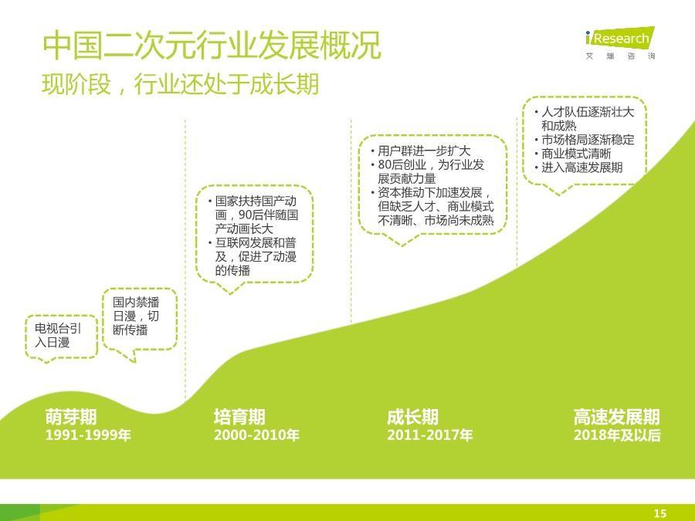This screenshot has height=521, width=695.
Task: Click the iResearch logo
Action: [619, 43]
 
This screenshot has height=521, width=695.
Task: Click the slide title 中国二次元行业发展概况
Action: [212, 46]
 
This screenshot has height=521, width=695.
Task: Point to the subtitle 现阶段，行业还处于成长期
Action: [181, 83]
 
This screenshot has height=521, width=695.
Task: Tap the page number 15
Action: [660, 513]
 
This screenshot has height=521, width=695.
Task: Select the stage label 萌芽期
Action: [71, 417]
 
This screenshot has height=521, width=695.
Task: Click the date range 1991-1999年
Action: [88, 435]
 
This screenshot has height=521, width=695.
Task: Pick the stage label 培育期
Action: [239, 417]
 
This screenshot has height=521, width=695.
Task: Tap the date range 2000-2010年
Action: [256, 435]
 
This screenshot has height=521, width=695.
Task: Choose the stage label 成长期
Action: [412, 417]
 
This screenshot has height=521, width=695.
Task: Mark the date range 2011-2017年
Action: [430, 435]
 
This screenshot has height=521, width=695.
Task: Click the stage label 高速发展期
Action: [617, 417]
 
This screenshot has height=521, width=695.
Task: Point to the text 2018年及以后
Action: [617, 435]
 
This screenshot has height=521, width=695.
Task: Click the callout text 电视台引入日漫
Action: [58, 336]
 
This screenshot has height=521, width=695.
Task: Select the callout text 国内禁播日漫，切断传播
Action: [136, 316]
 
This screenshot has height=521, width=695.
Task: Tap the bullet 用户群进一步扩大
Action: [424, 151]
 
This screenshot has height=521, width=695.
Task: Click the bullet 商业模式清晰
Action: [576, 154]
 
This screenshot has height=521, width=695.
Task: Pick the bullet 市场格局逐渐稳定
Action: [588, 140]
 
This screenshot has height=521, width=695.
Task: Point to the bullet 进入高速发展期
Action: [582, 167]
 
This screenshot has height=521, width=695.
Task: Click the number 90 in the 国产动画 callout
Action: [245, 215]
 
